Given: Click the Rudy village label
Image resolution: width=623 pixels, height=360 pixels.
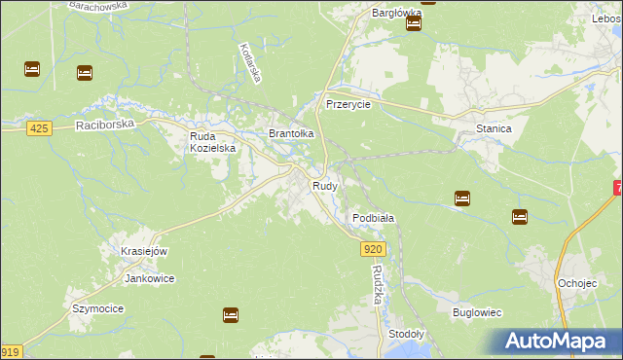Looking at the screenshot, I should (325, 185).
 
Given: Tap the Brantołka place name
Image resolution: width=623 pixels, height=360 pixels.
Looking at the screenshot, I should (291, 133).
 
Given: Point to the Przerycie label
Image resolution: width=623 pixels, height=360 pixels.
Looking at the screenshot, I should (348, 104).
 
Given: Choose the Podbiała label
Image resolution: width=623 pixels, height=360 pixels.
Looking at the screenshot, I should (373, 218).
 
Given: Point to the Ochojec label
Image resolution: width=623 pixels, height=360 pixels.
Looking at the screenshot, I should (577, 282).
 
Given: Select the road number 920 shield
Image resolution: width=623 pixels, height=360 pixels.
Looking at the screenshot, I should (375, 250).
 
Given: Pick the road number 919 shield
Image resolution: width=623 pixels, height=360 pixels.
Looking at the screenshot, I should (10, 352).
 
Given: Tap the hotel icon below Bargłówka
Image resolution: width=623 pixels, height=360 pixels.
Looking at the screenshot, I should (414, 24).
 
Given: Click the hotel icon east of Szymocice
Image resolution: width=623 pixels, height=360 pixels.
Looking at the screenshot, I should (231, 314).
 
